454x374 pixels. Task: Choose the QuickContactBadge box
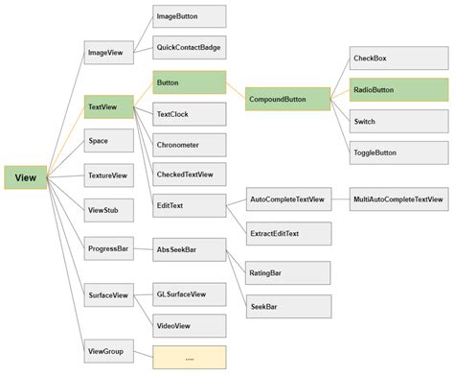[190, 45]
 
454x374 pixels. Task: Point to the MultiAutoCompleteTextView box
[397, 199]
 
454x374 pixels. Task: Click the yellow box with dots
[190, 358]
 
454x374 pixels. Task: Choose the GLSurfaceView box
[190, 295]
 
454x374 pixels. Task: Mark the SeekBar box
[288, 307]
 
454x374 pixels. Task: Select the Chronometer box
[190, 145]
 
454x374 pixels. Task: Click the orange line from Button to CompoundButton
[236, 91]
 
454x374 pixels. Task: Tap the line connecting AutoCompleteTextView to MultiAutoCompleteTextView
[340, 199]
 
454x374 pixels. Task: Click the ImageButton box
[190, 16]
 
